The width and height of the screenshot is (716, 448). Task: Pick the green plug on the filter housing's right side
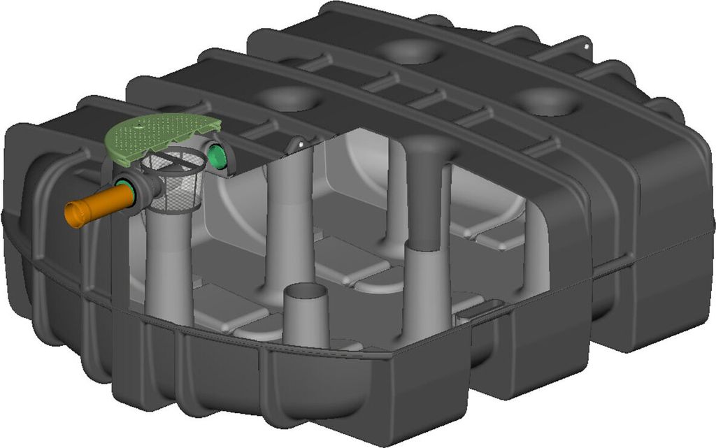(x=218, y=156)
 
